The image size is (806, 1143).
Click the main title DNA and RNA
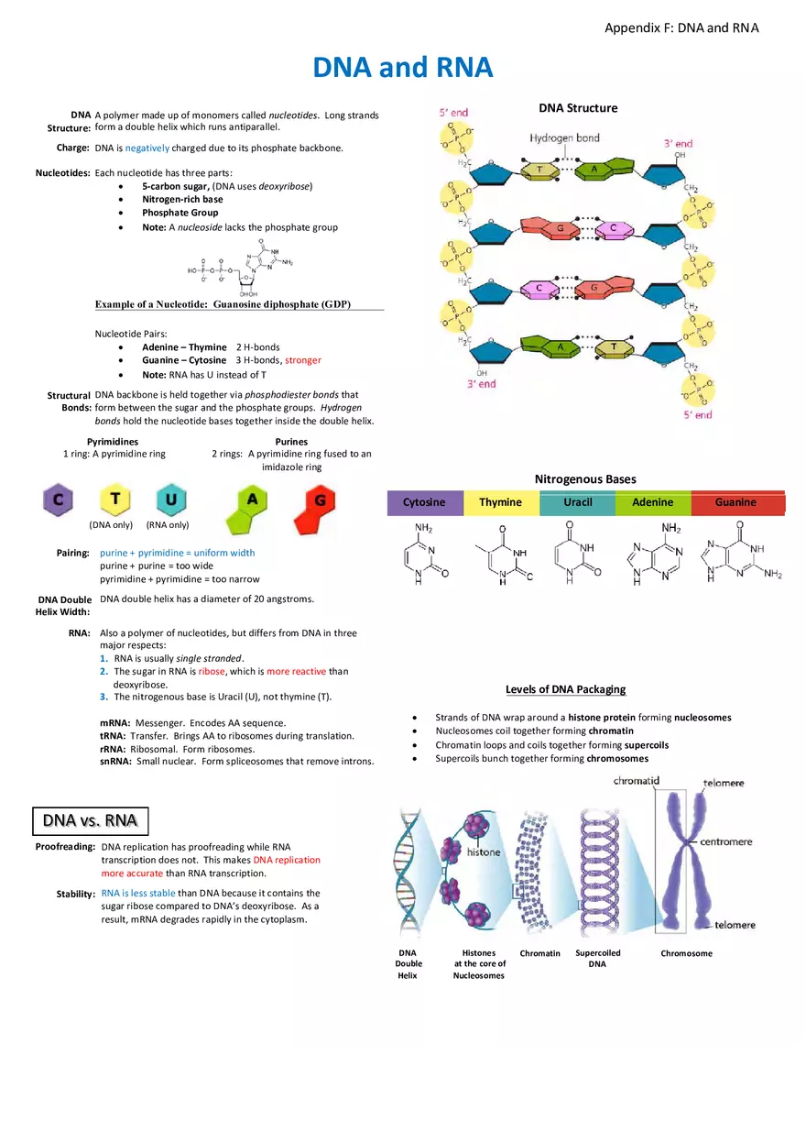(403, 67)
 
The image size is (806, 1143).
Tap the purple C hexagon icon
(58, 500)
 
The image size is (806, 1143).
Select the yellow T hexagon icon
(115, 500)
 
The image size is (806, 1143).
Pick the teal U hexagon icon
(171, 500)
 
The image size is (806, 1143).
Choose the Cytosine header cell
(424, 502)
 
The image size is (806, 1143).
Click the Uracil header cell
(577, 502)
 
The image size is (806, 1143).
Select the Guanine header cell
(735, 502)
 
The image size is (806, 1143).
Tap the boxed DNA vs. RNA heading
(91, 819)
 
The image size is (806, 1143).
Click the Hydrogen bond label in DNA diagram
(564, 138)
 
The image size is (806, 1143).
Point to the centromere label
(726, 841)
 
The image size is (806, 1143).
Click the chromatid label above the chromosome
(637, 781)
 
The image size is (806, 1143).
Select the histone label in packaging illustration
(484, 852)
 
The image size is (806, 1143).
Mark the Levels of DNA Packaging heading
(565, 689)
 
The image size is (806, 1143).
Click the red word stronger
(303, 360)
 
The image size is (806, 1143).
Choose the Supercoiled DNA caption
(597, 958)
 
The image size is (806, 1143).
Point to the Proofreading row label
(65, 847)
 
